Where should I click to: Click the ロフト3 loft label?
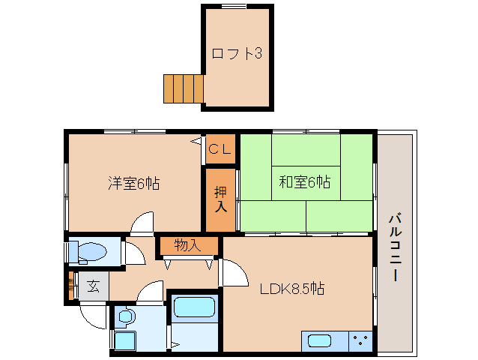click(x=236, y=54)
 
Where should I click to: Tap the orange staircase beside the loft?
click(x=184, y=88)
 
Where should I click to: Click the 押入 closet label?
click(x=220, y=199)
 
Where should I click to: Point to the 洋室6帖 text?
click(x=133, y=182)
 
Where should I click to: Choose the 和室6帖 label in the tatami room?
click(x=305, y=181)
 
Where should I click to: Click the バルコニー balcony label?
click(x=394, y=247)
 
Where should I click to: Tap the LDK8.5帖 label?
click(x=292, y=288)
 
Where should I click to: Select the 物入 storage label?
click(x=187, y=244)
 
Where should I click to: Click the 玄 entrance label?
click(x=94, y=286)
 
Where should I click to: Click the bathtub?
click(x=193, y=308)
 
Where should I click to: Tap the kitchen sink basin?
click(x=319, y=341)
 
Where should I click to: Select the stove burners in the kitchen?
click(x=360, y=340)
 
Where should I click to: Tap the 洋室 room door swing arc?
click(x=142, y=223)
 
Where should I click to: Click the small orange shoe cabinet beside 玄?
click(x=71, y=286)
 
